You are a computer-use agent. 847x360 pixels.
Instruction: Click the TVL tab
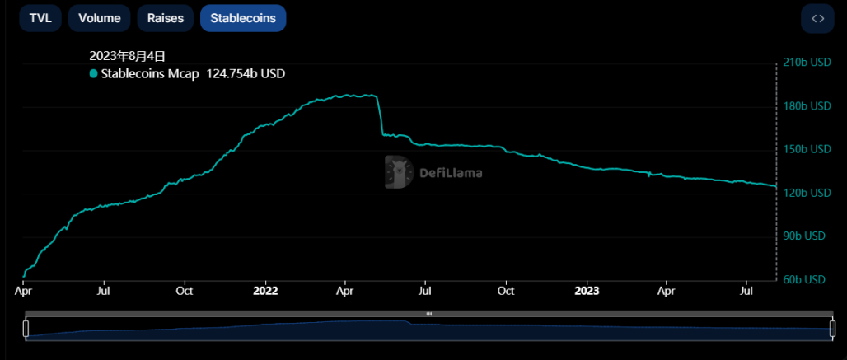tap(40, 18)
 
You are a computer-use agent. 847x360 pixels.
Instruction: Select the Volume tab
tap(100, 18)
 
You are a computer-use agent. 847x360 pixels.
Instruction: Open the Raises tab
tap(166, 18)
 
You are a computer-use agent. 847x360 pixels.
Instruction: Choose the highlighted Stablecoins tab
tap(243, 18)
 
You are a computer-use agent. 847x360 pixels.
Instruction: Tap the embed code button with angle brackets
tap(818, 18)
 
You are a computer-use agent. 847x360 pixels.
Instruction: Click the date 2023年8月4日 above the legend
tap(128, 56)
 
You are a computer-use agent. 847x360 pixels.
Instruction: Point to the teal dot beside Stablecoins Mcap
tap(94, 74)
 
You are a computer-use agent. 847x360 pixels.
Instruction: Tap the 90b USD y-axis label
tap(803, 236)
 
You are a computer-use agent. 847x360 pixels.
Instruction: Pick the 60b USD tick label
tap(803, 279)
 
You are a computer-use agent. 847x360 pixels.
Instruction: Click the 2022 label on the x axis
tap(266, 291)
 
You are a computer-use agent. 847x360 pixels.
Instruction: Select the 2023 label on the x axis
tap(586, 291)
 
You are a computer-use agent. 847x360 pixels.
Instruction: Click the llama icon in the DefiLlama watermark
tap(400, 172)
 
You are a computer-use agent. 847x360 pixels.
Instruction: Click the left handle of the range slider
tap(26, 328)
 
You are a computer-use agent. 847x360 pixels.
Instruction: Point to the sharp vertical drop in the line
tap(380, 115)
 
